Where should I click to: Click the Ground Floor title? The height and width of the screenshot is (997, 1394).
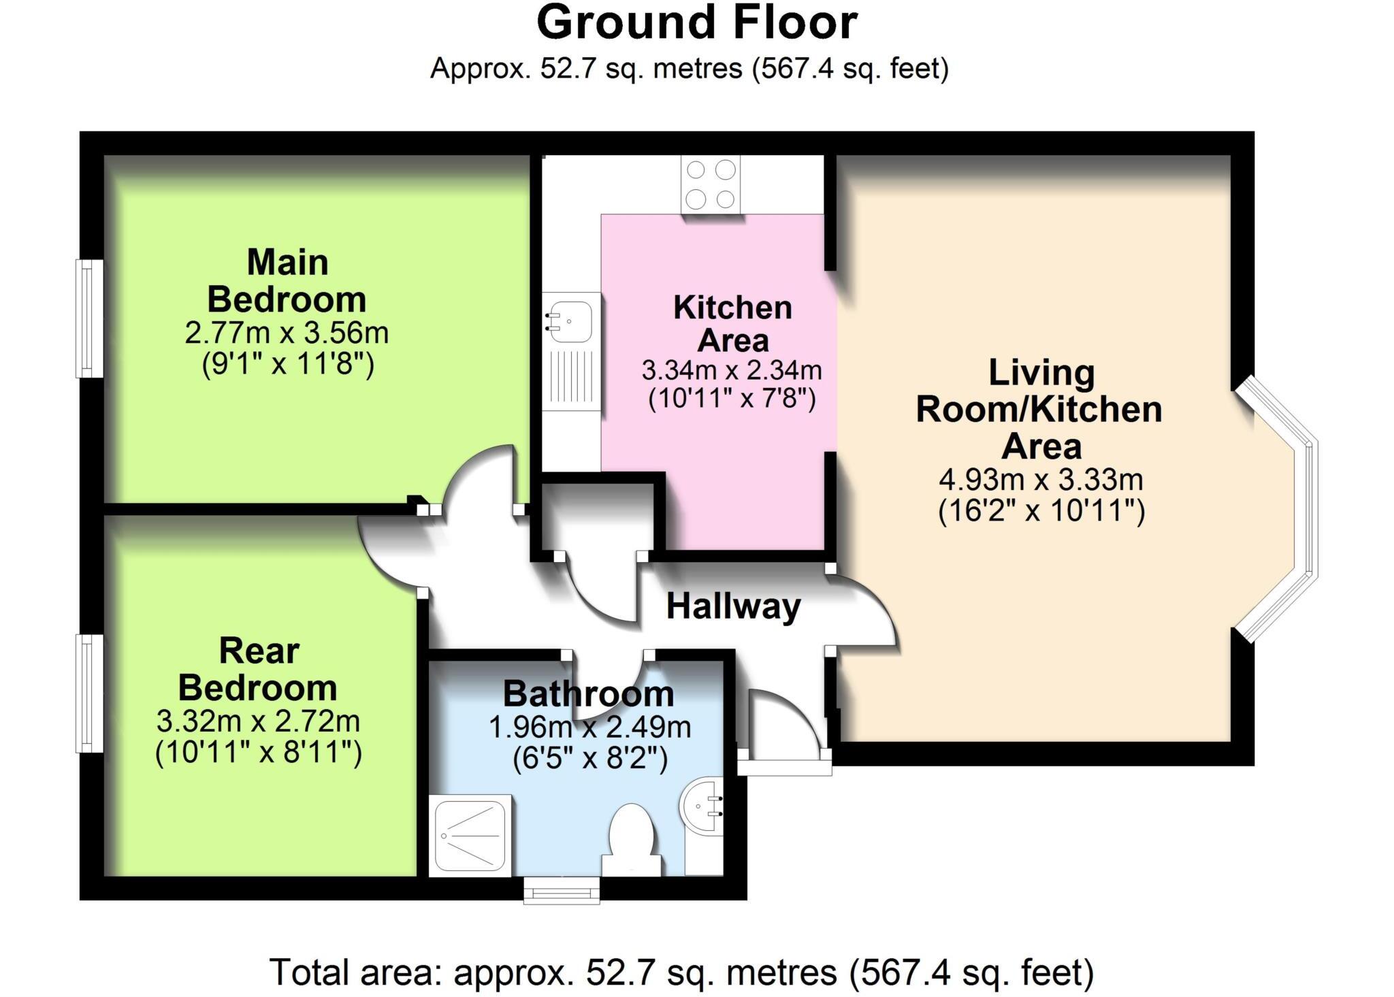tap(696, 24)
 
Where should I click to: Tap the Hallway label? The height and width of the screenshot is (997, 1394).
tap(733, 606)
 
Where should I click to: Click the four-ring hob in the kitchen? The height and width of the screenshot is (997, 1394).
tap(711, 184)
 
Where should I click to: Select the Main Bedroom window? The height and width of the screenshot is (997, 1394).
tap(89, 318)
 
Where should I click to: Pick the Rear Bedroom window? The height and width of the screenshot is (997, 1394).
tap(89, 693)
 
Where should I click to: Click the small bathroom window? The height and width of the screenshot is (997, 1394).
tap(562, 889)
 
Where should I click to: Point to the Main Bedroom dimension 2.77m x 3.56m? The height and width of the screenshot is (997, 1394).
tap(287, 333)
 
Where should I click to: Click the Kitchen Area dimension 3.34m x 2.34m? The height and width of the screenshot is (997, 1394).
tap(732, 371)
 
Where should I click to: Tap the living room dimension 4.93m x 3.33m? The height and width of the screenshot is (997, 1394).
tap(1041, 480)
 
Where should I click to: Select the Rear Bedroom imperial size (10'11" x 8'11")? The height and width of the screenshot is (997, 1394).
tap(259, 753)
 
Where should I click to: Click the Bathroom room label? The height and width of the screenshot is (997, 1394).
tap(589, 694)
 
